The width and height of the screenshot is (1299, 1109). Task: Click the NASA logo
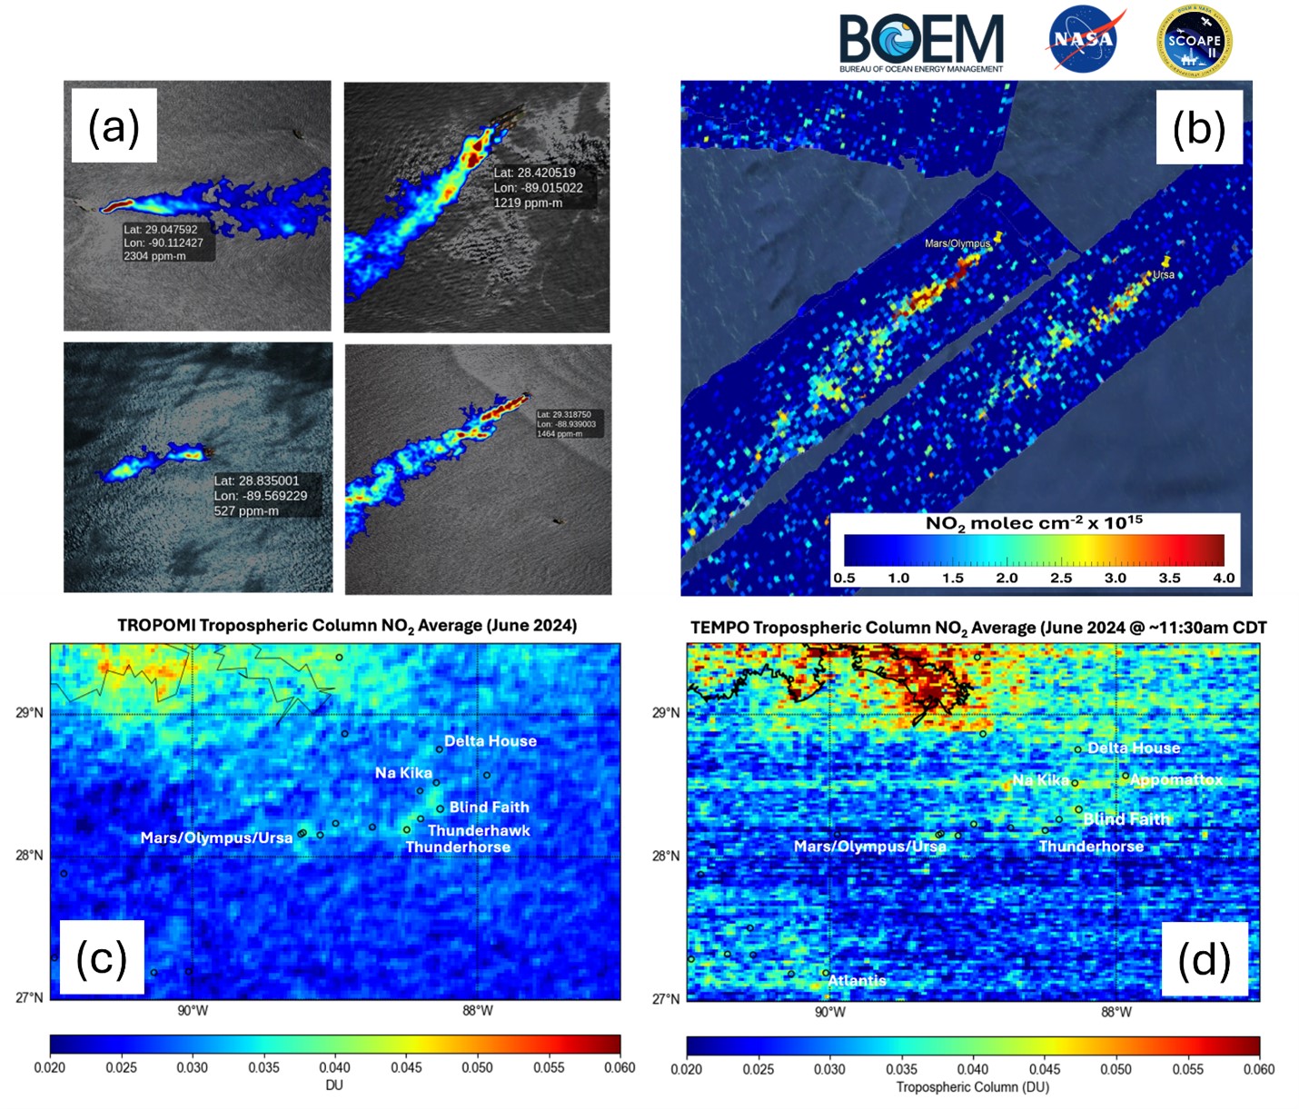pos(1084,39)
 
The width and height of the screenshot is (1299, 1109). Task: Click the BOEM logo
pos(921,42)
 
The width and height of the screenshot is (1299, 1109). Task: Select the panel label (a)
pos(114,125)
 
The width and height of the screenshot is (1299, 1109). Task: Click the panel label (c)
pos(101,957)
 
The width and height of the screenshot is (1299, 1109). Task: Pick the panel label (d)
pos(1204,959)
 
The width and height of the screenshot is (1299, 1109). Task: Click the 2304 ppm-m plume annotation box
pos(168,243)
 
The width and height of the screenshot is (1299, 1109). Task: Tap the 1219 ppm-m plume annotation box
pos(542,188)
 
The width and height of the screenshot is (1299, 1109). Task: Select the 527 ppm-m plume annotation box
pos(264,496)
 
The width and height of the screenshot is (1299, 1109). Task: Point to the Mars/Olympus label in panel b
pos(957,243)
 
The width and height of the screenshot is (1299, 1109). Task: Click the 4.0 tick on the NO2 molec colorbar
pos(1223,578)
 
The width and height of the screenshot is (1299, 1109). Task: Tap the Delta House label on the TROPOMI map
pos(490,741)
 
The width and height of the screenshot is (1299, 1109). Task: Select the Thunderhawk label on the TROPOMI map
pos(478,830)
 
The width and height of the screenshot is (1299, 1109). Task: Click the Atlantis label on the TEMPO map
pos(857,980)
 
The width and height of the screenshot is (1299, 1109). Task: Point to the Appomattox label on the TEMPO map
pos(1175,779)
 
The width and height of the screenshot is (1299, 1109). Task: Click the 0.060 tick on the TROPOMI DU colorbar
pos(620,1067)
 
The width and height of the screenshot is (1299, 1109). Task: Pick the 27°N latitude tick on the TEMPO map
pos(665,999)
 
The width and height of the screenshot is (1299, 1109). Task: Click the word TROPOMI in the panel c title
pos(156,625)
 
